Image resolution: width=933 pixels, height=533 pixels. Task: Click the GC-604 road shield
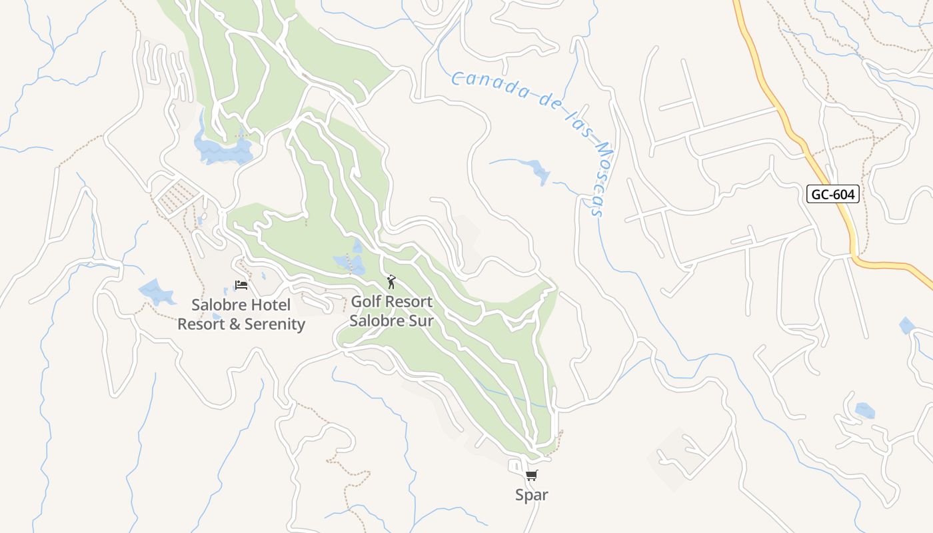click(832, 194)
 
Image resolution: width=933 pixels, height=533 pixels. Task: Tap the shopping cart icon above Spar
click(531, 475)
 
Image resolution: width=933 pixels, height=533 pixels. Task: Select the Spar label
click(531, 495)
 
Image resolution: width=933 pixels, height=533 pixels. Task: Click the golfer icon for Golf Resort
click(391, 282)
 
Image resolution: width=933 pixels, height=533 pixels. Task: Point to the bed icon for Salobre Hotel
click(241, 285)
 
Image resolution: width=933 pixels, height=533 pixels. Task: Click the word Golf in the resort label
click(367, 302)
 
